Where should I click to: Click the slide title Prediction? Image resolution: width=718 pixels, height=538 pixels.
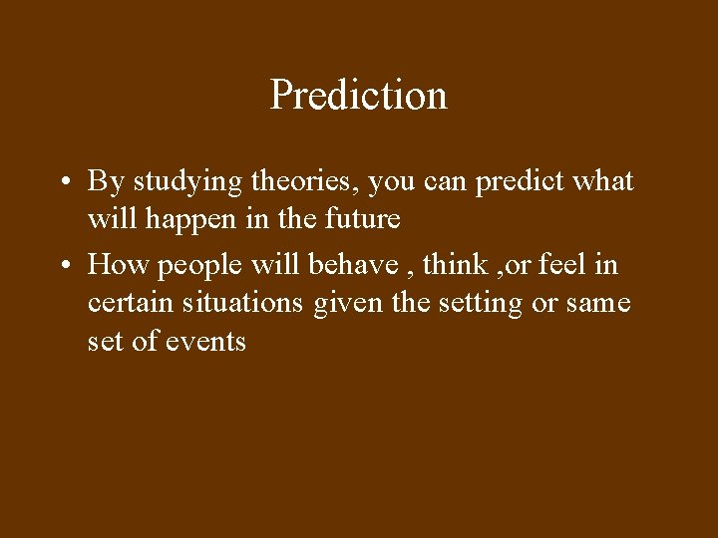pos(358,96)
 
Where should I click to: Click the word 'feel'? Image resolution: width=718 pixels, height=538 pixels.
pos(564,264)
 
